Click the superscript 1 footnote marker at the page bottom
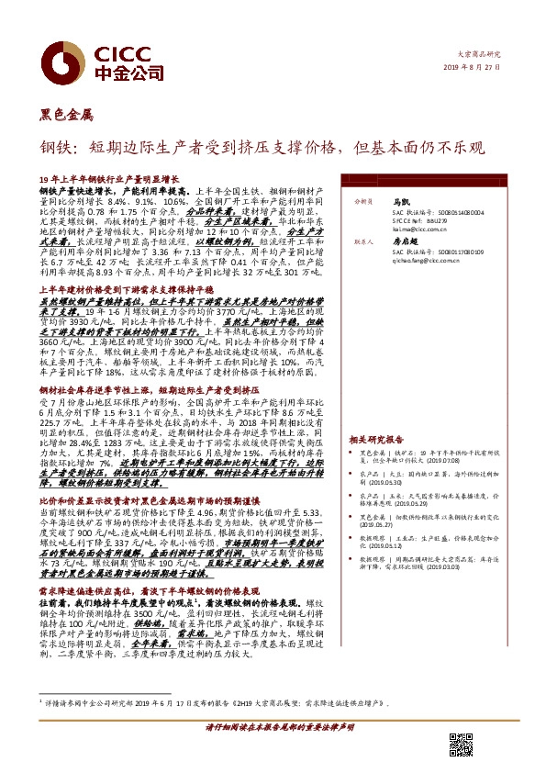coord(41,701)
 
